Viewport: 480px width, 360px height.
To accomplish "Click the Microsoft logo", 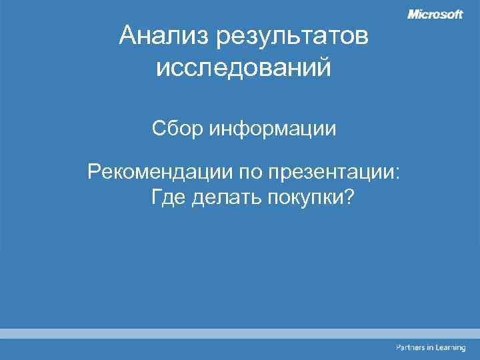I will point(435,15).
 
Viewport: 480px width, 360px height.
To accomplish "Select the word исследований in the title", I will point(244,67).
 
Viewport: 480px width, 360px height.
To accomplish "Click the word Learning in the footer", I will point(452,348).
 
